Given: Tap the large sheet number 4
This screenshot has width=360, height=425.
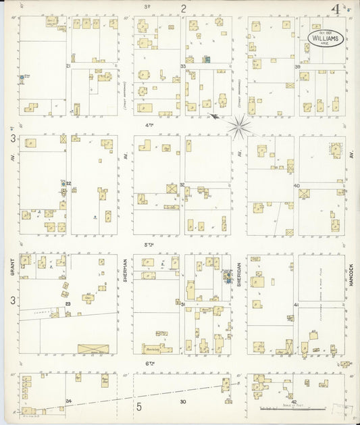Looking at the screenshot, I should click(335, 10).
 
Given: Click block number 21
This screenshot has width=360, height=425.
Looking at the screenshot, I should click(68, 66).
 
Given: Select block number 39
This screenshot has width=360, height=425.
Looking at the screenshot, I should click(297, 66).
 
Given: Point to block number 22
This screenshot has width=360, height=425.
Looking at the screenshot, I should click(68, 183).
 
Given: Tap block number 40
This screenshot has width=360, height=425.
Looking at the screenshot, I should click(297, 185).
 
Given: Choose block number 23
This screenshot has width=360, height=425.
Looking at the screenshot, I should click(68, 304).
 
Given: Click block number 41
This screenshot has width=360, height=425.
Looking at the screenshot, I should click(297, 306).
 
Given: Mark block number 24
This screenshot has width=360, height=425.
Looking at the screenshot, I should click(68, 401).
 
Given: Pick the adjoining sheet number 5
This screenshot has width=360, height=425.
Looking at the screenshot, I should click(139, 406).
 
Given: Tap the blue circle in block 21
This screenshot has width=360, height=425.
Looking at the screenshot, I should click(22, 78).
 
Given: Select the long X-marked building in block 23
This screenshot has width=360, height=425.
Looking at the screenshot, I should click(93, 349).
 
